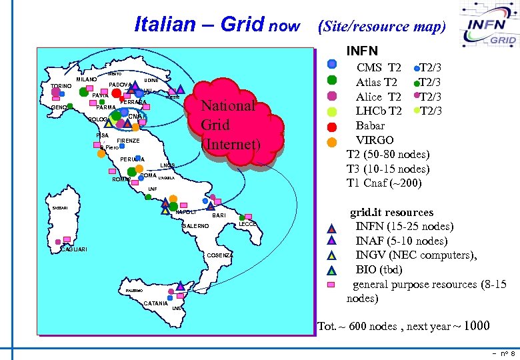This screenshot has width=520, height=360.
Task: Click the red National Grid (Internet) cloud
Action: point(229,124)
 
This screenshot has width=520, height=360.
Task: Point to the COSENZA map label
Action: point(220,255)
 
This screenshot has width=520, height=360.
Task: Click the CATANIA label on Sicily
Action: point(155,304)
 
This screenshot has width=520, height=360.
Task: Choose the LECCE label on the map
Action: point(247,224)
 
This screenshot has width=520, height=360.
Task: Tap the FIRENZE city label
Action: point(128,141)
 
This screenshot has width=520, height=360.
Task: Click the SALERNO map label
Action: point(195,227)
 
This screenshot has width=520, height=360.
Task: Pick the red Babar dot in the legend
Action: point(332,125)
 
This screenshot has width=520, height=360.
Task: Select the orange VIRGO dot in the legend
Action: point(332,141)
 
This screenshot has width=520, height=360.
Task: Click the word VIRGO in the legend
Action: point(375,140)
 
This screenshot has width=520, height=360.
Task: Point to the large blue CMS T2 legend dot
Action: point(332,65)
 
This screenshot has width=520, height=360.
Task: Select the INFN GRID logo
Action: point(485,27)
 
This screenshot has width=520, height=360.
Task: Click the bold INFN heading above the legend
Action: point(362,51)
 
